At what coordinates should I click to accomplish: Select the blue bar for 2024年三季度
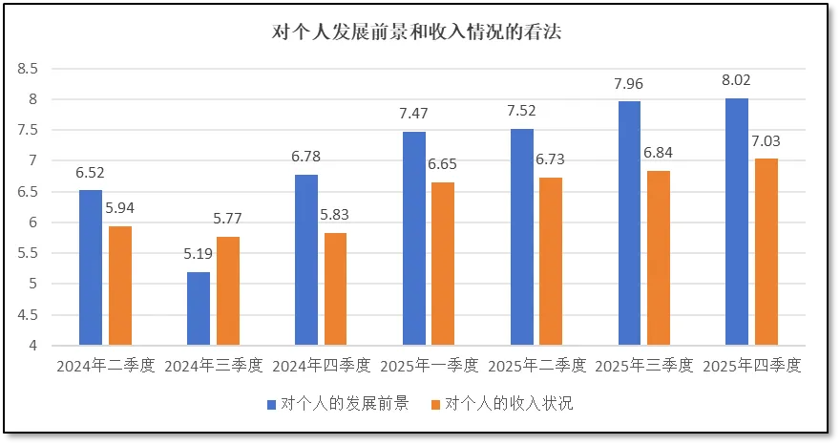point(198,307)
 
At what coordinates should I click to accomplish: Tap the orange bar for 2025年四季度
point(766,251)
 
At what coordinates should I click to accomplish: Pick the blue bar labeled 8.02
point(736,221)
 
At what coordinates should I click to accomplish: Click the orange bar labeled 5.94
point(120,285)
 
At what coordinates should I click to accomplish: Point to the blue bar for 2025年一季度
point(413,238)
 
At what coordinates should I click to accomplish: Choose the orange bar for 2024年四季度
point(335,288)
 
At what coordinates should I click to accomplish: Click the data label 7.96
point(629,84)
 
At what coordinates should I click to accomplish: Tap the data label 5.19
point(198,255)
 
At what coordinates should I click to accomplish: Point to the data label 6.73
point(551,160)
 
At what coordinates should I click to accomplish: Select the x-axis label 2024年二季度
point(105,366)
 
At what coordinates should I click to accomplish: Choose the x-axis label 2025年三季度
point(643,366)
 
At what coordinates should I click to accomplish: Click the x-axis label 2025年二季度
point(535,366)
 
